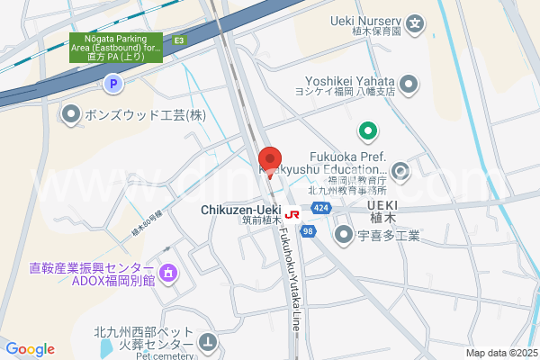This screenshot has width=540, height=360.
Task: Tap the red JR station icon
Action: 292,215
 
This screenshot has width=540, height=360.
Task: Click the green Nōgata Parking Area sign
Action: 116,47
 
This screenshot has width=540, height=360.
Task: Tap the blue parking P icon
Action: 112,85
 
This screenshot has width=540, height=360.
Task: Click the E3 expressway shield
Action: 180,40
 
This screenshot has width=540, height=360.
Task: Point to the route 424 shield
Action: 320,209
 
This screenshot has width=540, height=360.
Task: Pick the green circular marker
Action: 367,132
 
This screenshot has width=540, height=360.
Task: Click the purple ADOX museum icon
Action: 167,273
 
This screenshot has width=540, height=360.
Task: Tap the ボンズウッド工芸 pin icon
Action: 70,113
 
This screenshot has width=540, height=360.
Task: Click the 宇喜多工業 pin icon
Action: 343,236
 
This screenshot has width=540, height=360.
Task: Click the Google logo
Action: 30,349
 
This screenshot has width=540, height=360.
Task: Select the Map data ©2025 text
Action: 500,353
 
